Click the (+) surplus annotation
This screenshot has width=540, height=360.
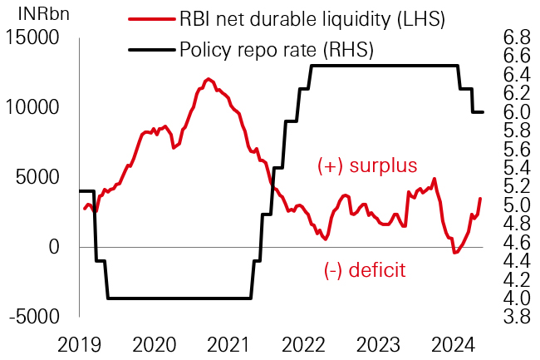[x=367, y=166]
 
